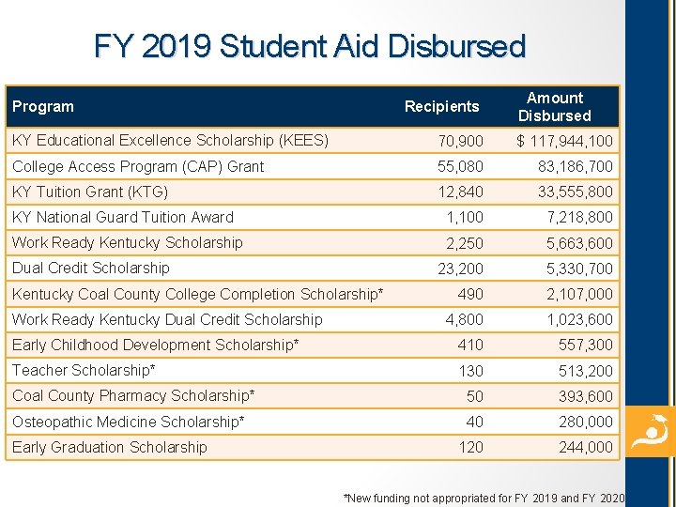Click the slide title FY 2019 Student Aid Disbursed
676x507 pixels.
click(310, 46)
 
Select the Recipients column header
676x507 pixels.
click(441, 107)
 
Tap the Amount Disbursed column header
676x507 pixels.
click(554, 107)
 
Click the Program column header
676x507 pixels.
click(43, 107)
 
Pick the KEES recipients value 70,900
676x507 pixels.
click(461, 142)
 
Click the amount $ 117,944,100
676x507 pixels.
click(565, 142)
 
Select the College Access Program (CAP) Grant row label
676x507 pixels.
click(138, 167)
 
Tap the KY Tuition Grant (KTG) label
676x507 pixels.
click(90, 192)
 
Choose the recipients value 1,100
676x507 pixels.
click(466, 218)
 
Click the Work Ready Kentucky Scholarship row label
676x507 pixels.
click(128, 243)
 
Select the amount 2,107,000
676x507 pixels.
click(579, 294)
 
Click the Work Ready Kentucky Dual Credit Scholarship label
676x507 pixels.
click(167, 320)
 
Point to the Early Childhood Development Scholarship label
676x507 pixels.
click(155, 346)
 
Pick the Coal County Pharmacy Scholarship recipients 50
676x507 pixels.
click(474, 396)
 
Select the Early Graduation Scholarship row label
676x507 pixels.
click(109, 448)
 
